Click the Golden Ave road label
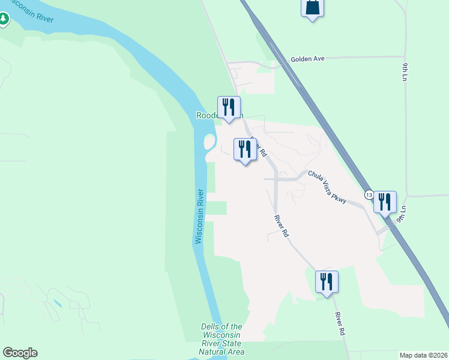point(307,59)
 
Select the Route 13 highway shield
point(368,196)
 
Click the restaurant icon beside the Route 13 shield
point(385,202)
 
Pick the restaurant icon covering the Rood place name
point(229,108)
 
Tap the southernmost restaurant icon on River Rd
point(327,282)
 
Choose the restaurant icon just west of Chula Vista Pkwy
point(245,149)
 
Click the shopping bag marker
point(312,8)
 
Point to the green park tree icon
point(4,19)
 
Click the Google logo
point(20,353)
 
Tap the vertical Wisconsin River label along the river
point(199,217)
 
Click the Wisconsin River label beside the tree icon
point(32,14)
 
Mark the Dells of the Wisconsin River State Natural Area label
point(221,339)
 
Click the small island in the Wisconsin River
point(209,143)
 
